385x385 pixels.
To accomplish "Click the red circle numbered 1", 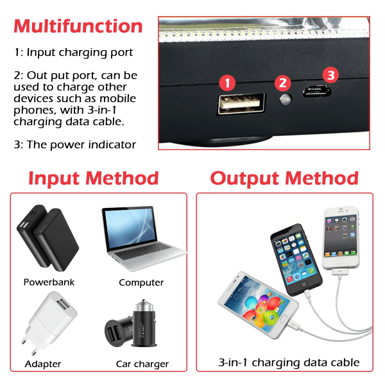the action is [x=227, y=83].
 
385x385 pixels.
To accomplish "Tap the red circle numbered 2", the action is [x=282, y=83].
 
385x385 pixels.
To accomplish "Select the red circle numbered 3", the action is [x=330, y=75].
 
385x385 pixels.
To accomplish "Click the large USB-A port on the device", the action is [x=242, y=103].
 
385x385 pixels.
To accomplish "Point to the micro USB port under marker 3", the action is [x=317, y=91].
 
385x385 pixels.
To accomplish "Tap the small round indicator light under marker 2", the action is [x=286, y=99].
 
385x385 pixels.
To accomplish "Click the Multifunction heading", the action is [x=78, y=26].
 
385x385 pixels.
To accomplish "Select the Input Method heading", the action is [x=94, y=178].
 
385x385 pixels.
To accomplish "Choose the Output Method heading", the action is [x=284, y=178].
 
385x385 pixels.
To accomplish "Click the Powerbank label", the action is [x=49, y=282].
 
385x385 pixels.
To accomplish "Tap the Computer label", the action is [x=141, y=282].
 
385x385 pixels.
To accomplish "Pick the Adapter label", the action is [x=43, y=364].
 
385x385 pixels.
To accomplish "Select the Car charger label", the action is [x=142, y=364].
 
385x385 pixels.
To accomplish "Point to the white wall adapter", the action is [x=49, y=322].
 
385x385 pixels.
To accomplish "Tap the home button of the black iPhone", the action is [x=304, y=284].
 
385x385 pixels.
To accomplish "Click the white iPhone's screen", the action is [x=341, y=236].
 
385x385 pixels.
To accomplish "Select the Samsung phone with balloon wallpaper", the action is [x=259, y=305].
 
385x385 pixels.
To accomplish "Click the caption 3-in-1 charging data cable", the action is [x=289, y=363].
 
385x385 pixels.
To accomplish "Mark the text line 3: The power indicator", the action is [x=75, y=145].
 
